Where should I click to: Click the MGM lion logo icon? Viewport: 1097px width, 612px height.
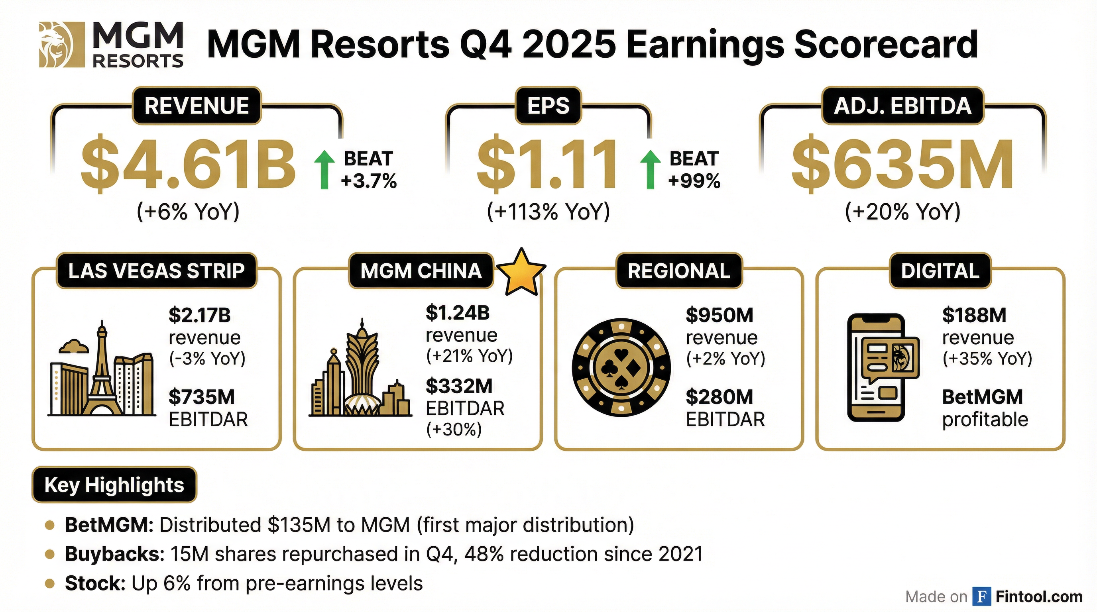[56, 45]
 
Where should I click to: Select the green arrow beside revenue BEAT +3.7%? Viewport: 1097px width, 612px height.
[324, 169]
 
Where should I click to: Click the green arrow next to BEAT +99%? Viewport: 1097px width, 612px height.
[650, 169]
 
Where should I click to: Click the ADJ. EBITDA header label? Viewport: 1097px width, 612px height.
[902, 106]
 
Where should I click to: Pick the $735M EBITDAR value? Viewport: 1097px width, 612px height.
[202, 397]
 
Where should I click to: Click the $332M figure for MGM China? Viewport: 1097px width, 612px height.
[459, 386]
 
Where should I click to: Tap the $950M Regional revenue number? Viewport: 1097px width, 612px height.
[719, 315]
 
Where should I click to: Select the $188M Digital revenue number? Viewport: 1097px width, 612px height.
[974, 315]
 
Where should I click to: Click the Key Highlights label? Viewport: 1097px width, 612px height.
[114, 485]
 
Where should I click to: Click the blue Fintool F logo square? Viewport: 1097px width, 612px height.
[981, 597]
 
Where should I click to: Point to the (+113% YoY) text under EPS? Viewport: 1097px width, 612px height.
[548, 212]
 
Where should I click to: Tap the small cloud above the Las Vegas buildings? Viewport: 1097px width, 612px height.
[74, 346]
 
